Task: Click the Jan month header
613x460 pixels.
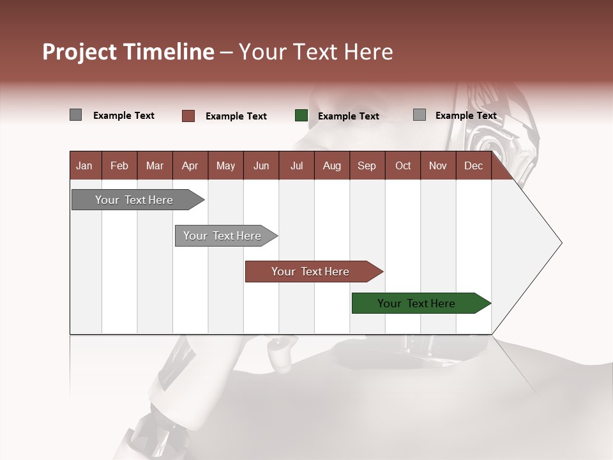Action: (x=84, y=165)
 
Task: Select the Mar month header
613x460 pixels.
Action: (x=155, y=165)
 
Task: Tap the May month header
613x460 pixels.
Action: (x=225, y=165)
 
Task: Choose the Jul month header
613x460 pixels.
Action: (x=296, y=165)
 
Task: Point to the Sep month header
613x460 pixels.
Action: (x=367, y=165)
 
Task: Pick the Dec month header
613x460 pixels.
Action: (x=473, y=165)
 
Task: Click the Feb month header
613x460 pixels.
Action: (x=119, y=165)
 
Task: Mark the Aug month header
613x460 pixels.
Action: (x=331, y=165)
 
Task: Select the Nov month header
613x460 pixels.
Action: (x=437, y=165)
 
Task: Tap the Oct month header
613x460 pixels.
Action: (x=403, y=165)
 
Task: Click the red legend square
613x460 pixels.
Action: (x=188, y=116)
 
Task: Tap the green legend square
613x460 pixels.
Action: (x=301, y=116)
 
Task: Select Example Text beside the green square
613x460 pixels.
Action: (x=348, y=116)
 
